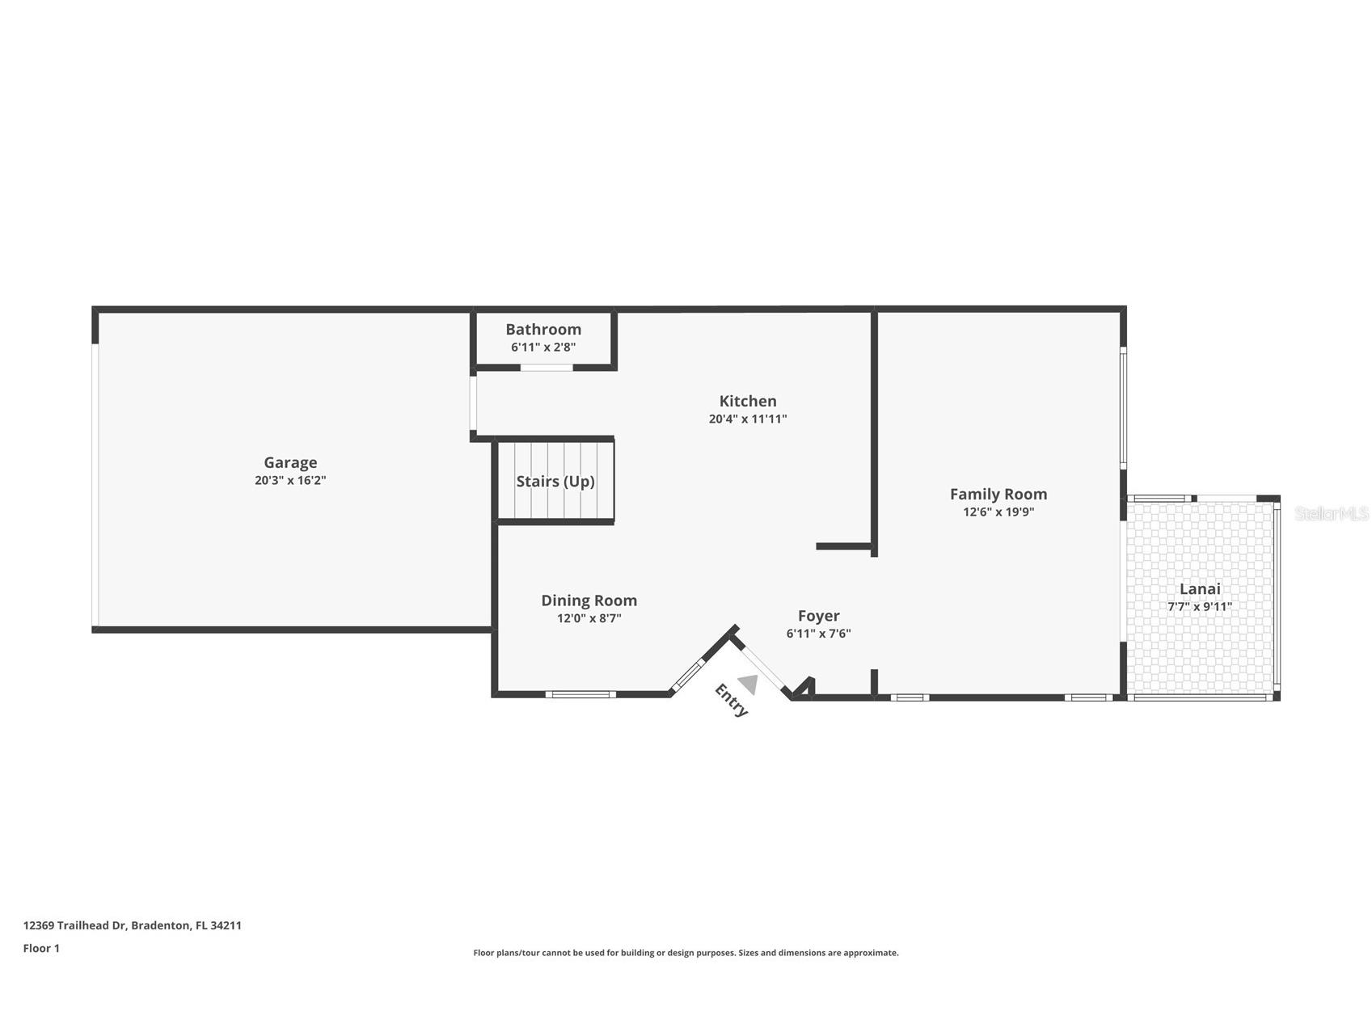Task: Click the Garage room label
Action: pos(290,462)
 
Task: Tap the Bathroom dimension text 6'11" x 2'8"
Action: pos(543,348)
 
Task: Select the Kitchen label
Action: pos(748,401)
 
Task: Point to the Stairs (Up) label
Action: pos(555,482)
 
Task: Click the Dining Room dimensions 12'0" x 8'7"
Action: pos(589,618)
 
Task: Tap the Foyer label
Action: pos(818,616)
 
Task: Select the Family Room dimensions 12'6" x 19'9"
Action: pos(998,512)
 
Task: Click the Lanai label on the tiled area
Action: pos(1200,589)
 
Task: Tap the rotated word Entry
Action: pos(732,700)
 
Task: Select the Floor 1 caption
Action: pos(41,948)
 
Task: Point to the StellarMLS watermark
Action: pos(1331,513)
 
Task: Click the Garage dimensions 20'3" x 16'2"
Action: pos(290,480)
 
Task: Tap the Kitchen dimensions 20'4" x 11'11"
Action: pos(748,419)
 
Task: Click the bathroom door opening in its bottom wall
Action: pos(547,368)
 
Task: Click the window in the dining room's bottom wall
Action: pos(580,694)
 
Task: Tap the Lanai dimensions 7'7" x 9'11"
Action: pos(1200,607)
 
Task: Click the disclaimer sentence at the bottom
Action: pos(686,953)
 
